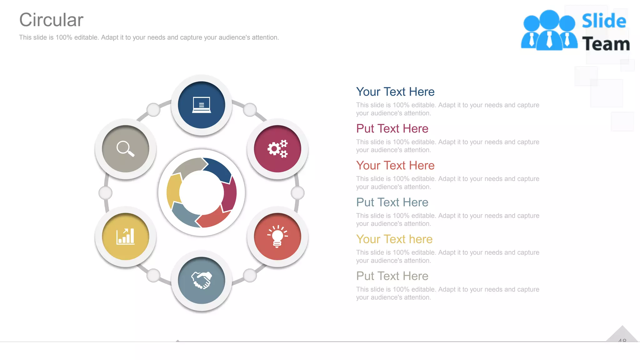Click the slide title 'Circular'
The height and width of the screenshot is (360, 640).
(51, 20)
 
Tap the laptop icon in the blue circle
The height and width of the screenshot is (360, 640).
(202, 105)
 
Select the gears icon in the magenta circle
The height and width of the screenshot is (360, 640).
(277, 149)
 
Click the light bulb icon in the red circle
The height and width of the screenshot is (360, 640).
(277, 237)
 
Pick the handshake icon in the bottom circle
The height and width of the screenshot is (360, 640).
(202, 280)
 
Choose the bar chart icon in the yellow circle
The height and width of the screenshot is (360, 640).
(126, 237)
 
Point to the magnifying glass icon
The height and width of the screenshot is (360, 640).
(126, 149)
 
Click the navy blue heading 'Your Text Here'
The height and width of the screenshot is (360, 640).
(395, 92)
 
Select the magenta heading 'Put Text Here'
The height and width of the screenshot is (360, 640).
(392, 129)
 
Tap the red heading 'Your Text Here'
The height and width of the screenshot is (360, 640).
(395, 166)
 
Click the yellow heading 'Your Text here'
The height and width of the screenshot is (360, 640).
(394, 239)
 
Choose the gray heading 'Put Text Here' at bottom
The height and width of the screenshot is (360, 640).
(392, 276)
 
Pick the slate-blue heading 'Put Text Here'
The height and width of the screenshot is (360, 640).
(392, 202)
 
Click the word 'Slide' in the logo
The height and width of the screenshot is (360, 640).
(604, 21)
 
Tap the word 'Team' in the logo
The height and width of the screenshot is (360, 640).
(606, 44)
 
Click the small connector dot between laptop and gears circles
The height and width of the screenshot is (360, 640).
(250, 110)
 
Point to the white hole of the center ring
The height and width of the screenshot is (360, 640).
(202, 192)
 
